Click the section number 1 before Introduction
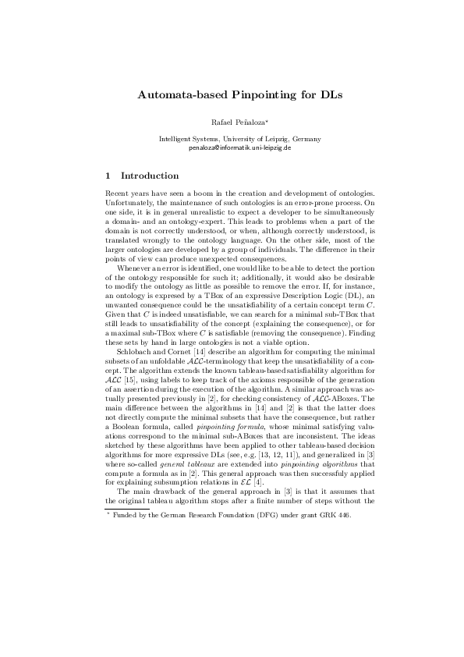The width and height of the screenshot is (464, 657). tap(108, 176)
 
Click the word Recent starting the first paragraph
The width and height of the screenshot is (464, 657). tap(117, 193)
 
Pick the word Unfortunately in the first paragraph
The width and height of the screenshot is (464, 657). tap(127, 201)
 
